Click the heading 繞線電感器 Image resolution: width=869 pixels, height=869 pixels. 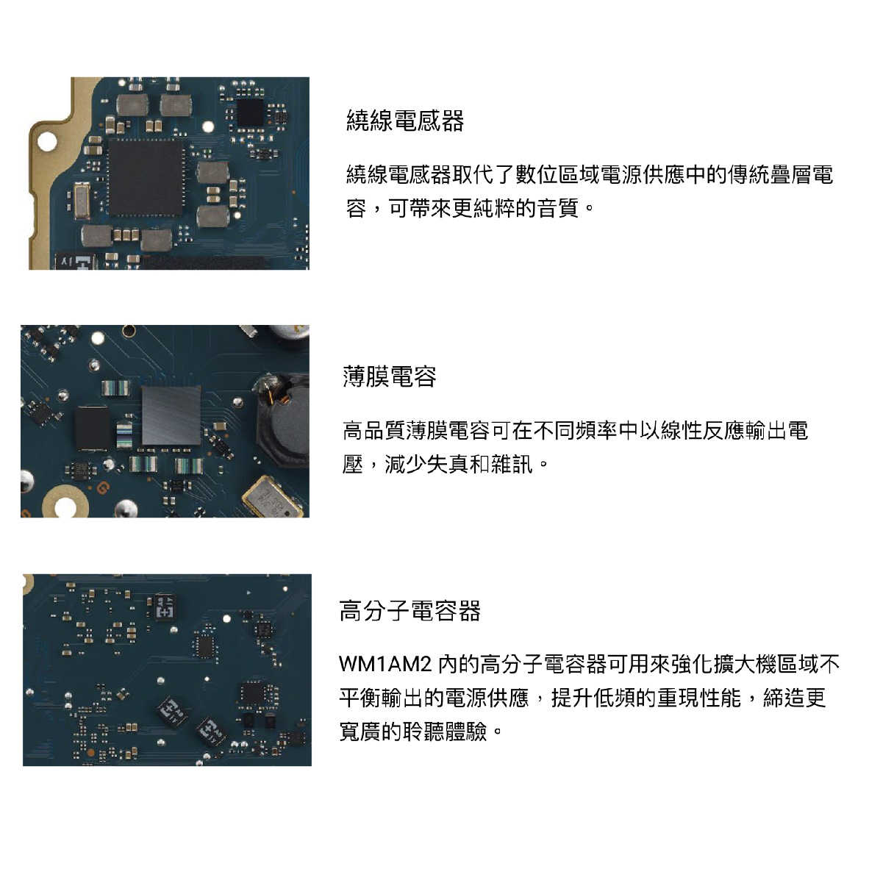405,121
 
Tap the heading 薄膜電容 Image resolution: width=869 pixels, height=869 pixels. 390,376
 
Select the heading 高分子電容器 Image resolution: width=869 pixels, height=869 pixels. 410,611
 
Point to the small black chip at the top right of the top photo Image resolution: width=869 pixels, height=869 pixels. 250,112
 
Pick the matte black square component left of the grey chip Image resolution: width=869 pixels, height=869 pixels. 92,427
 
